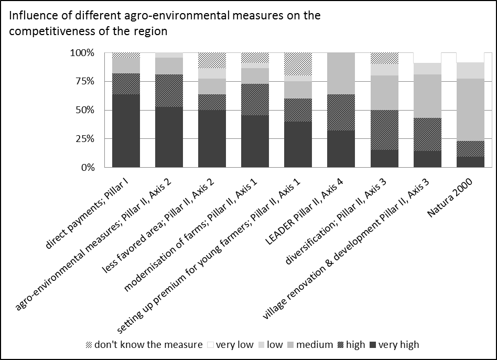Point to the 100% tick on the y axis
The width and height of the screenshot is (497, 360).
click(x=83, y=53)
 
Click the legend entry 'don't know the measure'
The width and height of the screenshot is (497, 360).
click(x=144, y=344)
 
